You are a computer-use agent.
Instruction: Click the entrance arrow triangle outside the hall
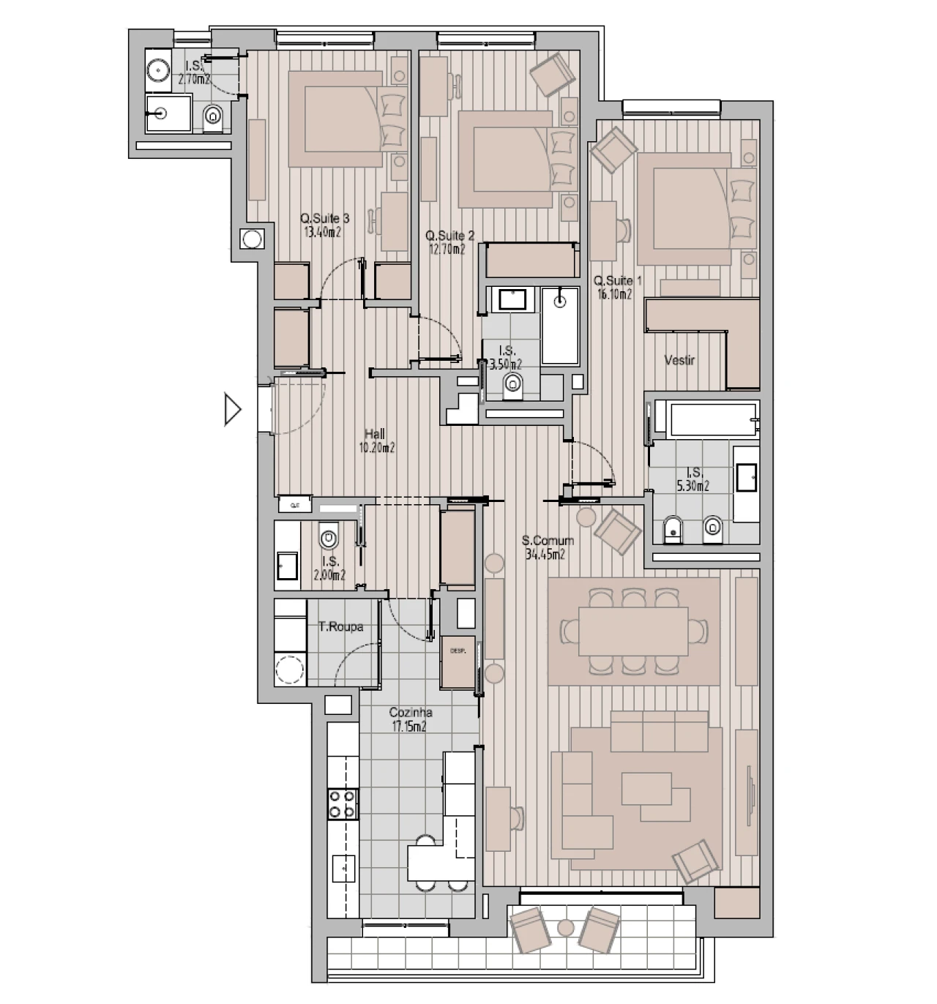click(232, 409)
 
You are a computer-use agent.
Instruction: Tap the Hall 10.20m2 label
click(376, 441)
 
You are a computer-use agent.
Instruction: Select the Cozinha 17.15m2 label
click(410, 719)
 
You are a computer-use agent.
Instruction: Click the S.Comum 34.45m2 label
click(548, 547)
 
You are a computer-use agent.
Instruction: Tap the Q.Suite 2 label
click(449, 242)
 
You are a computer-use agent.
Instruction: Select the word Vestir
click(679, 360)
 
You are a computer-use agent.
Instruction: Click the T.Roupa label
click(340, 627)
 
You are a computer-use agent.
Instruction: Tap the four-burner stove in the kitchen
click(343, 803)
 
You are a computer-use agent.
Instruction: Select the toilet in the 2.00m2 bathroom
click(329, 539)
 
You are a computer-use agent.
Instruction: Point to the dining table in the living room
click(633, 631)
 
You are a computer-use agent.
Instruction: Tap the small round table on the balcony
click(564, 928)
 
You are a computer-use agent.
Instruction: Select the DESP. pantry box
click(458, 662)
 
